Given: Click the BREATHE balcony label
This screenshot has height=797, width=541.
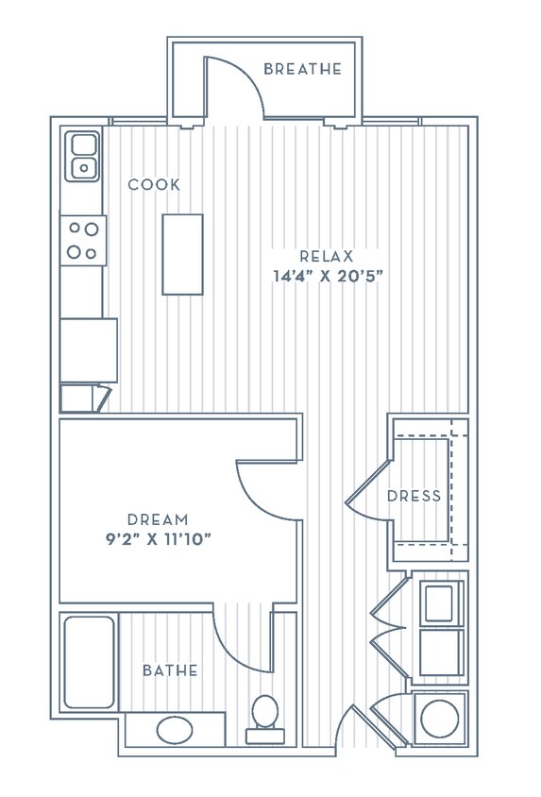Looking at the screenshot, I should [302, 69].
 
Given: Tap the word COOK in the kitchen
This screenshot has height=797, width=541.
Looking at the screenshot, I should [154, 185].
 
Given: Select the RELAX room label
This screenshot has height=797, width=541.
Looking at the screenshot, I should [326, 256].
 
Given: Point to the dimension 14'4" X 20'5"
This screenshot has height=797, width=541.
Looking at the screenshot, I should [326, 277].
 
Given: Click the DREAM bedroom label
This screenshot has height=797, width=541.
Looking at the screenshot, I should [158, 519].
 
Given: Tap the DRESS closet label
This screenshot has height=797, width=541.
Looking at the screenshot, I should [414, 496].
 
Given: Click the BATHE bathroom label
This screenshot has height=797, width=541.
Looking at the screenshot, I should [170, 670].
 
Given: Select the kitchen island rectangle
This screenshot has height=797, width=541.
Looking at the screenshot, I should [182, 254].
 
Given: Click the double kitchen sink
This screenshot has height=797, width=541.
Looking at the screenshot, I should [83, 157].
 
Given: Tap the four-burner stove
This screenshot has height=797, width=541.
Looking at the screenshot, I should [83, 240].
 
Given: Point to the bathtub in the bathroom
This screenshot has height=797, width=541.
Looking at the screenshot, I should [89, 662].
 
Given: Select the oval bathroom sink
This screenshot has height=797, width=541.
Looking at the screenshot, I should [173, 729].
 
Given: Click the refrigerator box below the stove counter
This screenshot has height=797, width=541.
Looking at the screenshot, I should [89, 349].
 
